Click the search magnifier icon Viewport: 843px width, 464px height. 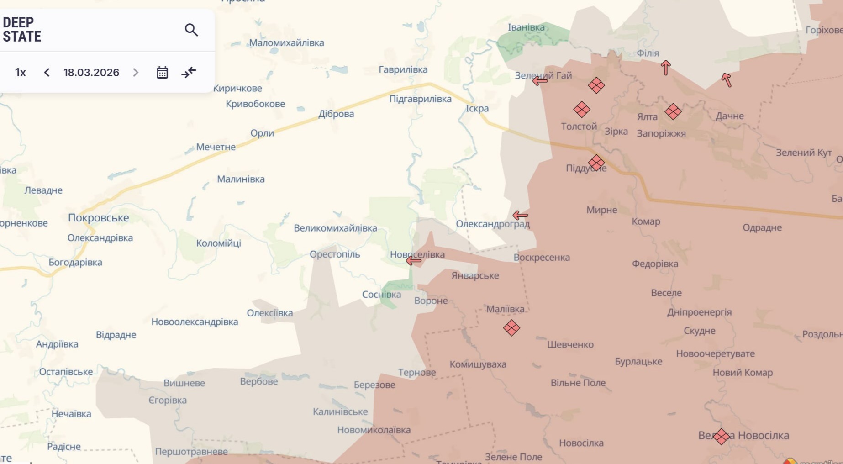[x=191, y=30]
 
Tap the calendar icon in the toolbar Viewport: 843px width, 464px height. [x=162, y=73]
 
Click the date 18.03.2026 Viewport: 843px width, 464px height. [x=91, y=73]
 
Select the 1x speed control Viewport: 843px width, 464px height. [x=21, y=73]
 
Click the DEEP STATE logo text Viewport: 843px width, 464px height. [x=22, y=30]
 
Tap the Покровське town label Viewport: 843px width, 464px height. [x=99, y=218]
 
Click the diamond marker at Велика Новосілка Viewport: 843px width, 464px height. [x=721, y=437]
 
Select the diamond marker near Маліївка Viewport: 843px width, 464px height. [x=511, y=328]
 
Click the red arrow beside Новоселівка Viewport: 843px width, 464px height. [x=414, y=261]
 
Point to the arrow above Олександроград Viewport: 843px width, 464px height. [x=520, y=215]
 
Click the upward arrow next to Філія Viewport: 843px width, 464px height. [x=666, y=68]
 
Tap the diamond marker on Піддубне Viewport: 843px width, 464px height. [x=596, y=163]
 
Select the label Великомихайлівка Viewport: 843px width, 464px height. [x=335, y=228]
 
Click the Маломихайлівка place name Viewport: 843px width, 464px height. [x=286, y=43]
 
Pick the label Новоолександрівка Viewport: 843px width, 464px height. [x=195, y=322]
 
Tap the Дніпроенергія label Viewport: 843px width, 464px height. [x=699, y=312]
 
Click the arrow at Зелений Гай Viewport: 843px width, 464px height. [x=540, y=81]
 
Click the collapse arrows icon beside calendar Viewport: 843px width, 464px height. [x=189, y=73]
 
